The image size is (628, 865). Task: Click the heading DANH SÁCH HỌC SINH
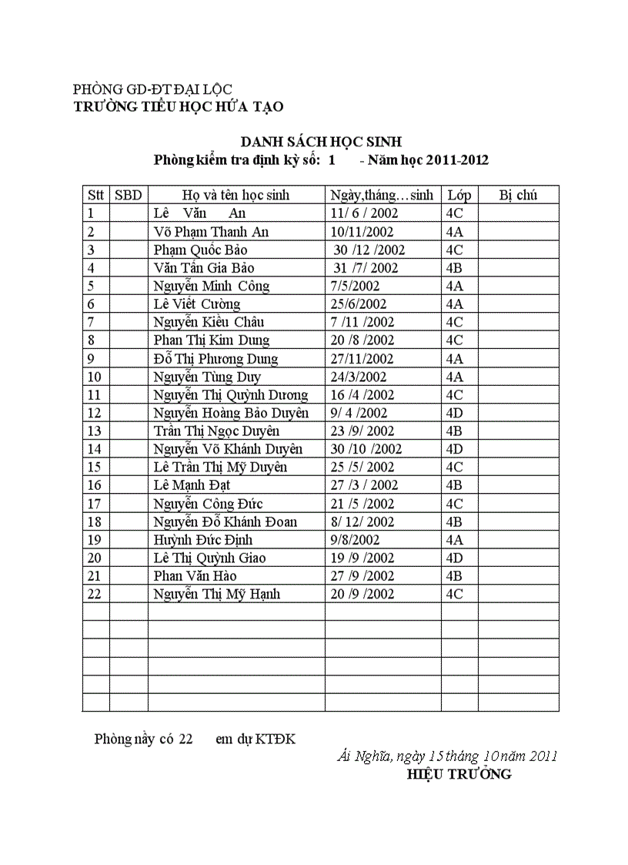point(321,142)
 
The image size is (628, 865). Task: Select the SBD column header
point(129,196)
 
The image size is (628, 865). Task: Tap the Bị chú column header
point(518,196)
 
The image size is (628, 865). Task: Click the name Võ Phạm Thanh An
point(211,232)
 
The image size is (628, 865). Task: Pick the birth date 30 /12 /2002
point(369,250)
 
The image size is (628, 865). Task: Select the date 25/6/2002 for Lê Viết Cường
point(359,304)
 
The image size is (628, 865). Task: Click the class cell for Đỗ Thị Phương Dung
point(454,359)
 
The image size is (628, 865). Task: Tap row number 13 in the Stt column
point(95,431)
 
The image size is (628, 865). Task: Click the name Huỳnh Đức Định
point(203,540)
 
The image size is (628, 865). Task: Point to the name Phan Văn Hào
point(195,576)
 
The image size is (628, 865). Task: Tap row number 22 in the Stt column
point(95,595)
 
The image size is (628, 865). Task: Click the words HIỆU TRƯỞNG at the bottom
point(459,775)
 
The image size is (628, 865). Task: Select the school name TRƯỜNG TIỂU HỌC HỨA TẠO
point(179,107)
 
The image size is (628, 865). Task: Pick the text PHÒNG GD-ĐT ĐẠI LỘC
point(152,90)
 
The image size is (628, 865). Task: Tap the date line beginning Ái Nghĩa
point(447,756)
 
